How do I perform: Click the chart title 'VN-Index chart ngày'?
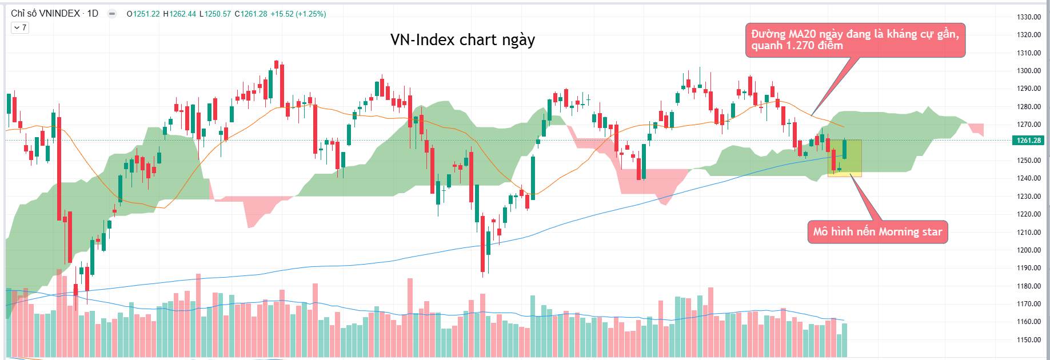coord(462,40)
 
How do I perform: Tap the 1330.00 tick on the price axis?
coord(1028,17)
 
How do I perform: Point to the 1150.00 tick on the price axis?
coord(1028,339)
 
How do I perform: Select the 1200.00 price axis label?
coord(1028,250)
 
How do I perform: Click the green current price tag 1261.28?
coord(1028,141)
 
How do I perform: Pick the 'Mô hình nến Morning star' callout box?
coord(877,232)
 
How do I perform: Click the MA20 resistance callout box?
coord(855,40)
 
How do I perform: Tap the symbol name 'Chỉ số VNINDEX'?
coord(45,13)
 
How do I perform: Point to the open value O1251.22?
coord(143,14)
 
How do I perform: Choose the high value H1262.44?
coord(180,14)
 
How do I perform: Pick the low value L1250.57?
coord(215,14)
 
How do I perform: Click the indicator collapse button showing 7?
coord(20,27)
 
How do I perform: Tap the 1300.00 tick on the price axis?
coord(1028,71)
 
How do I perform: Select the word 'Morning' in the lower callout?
coord(899,232)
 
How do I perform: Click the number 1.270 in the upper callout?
coord(798,46)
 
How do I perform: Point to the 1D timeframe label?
coord(93,13)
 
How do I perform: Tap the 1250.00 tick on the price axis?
coord(1028,161)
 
